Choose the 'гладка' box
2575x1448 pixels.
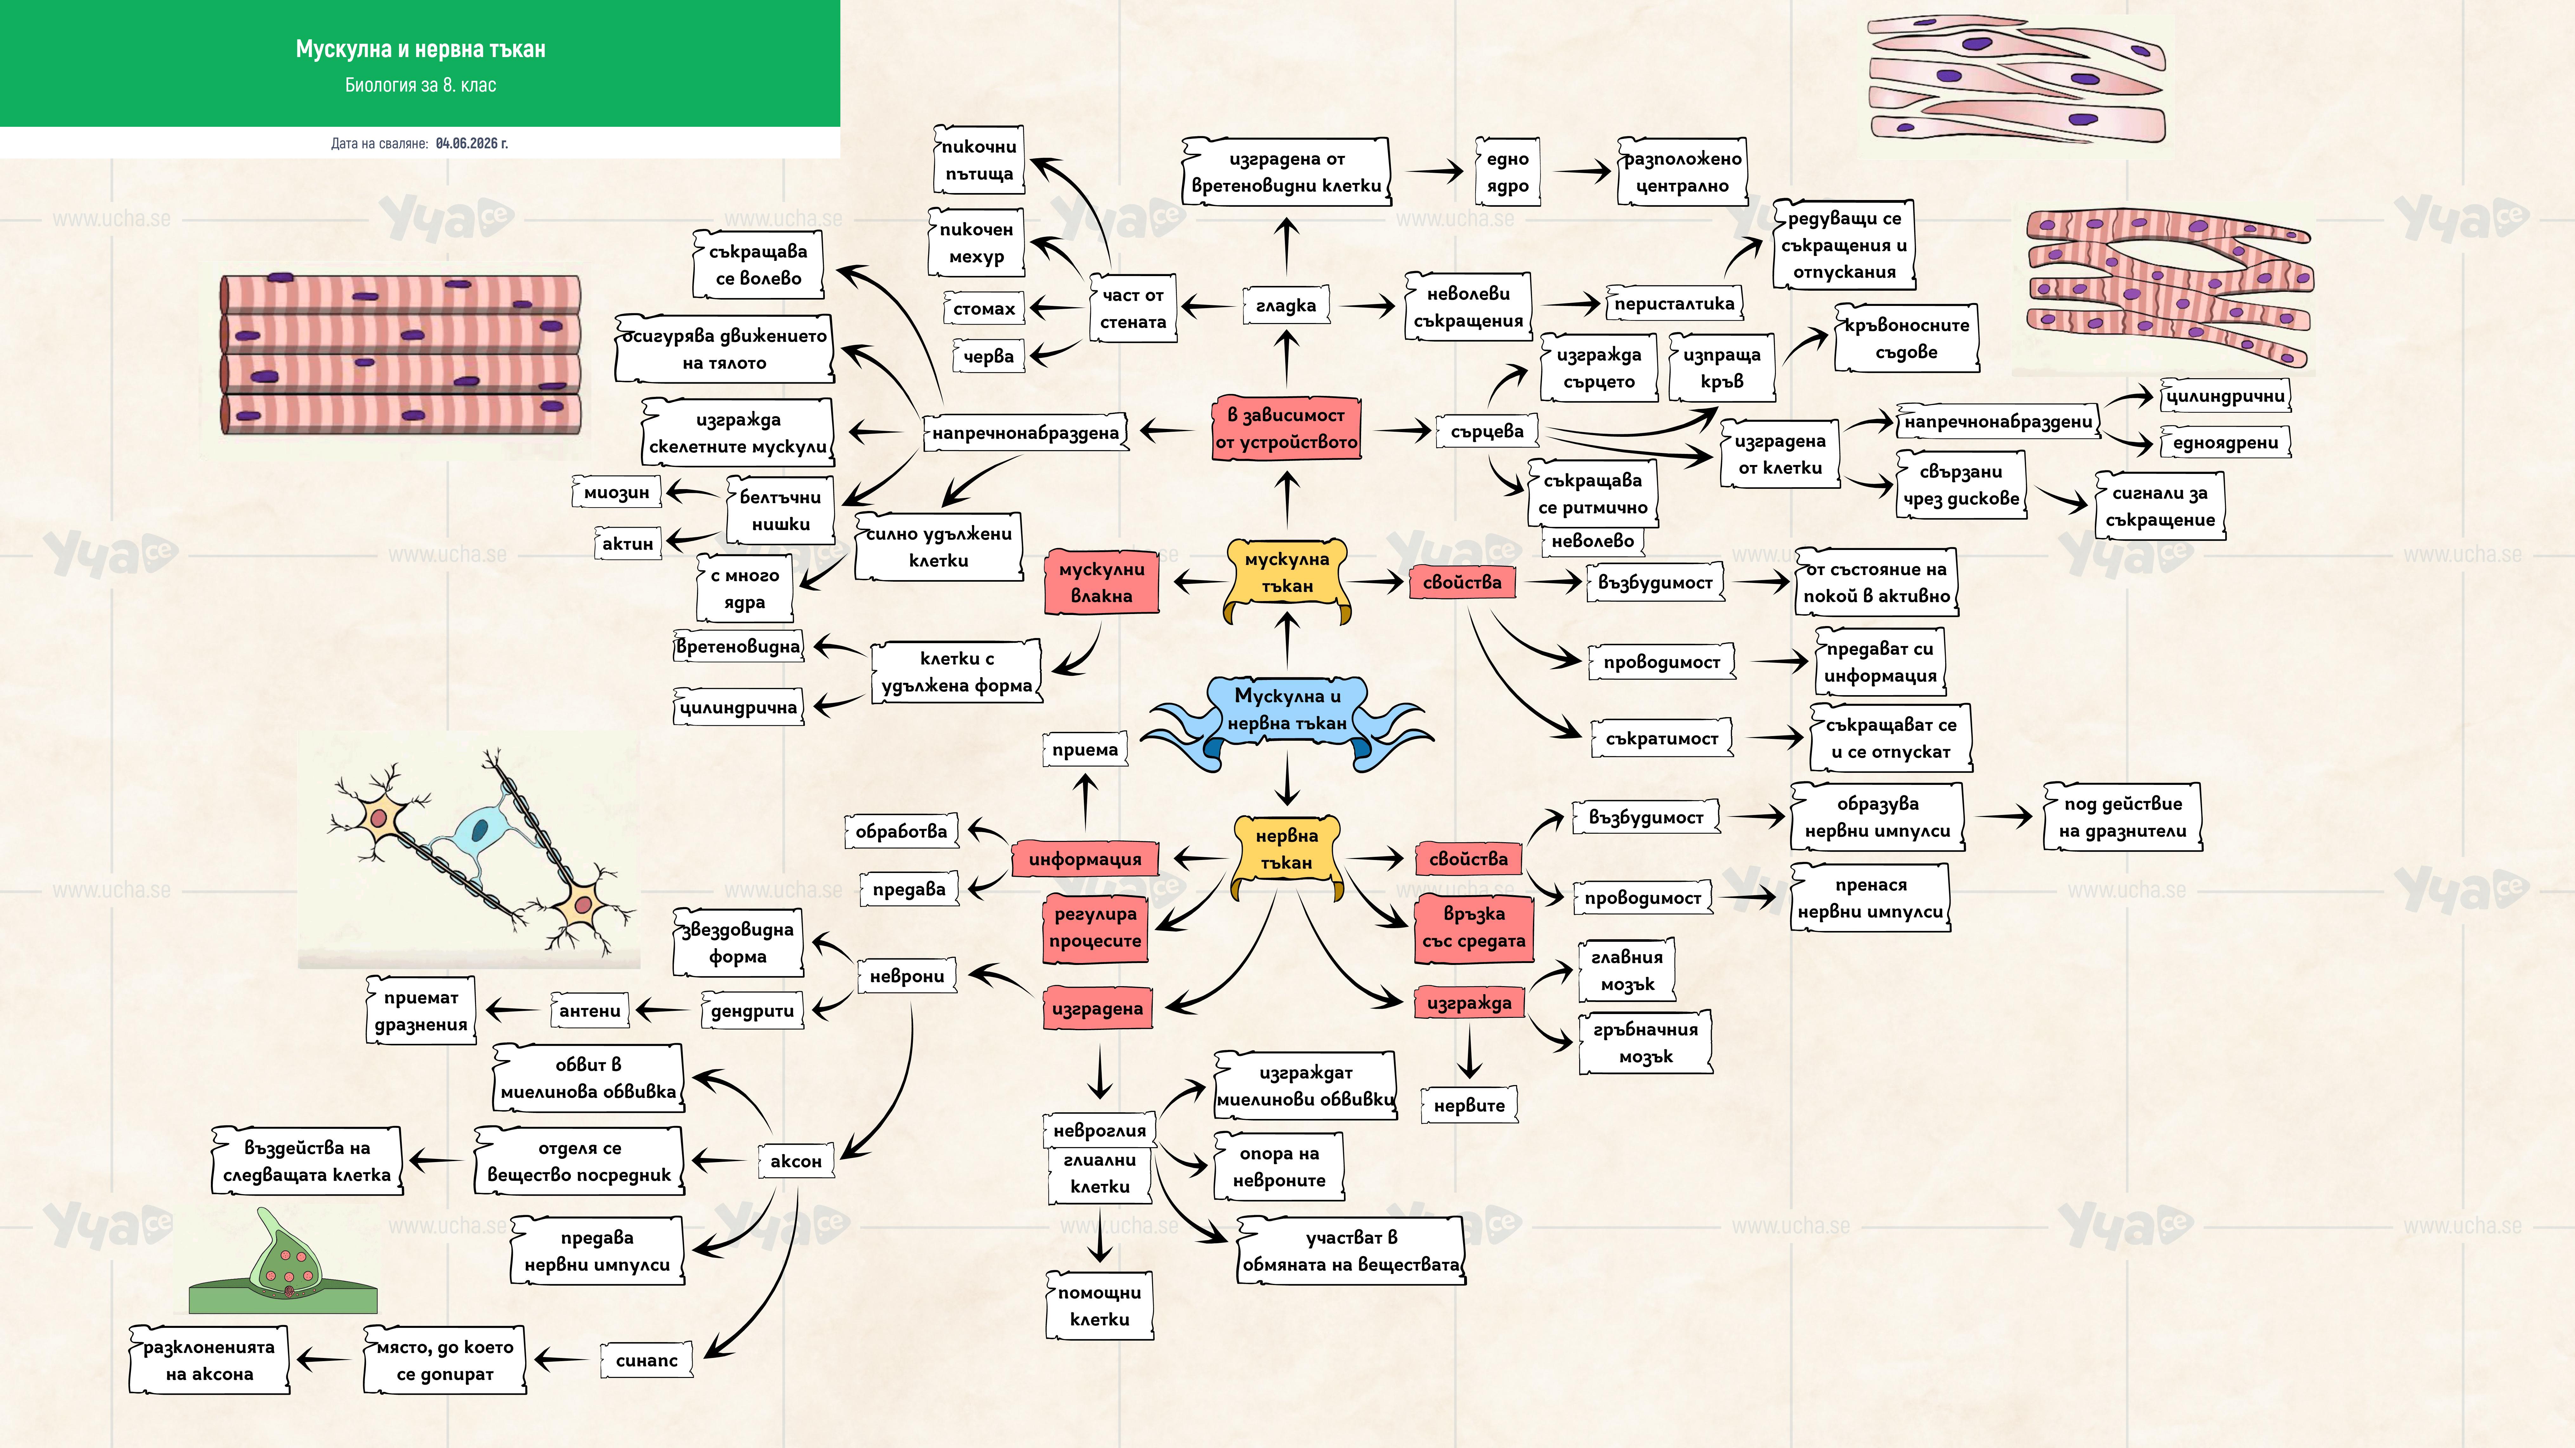(x=1287, y=306)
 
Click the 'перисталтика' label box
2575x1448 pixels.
(x=1674, y=304)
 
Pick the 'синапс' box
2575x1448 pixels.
(x=647, y=1360)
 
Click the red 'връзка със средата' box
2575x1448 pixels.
(x=1473, y=928)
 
